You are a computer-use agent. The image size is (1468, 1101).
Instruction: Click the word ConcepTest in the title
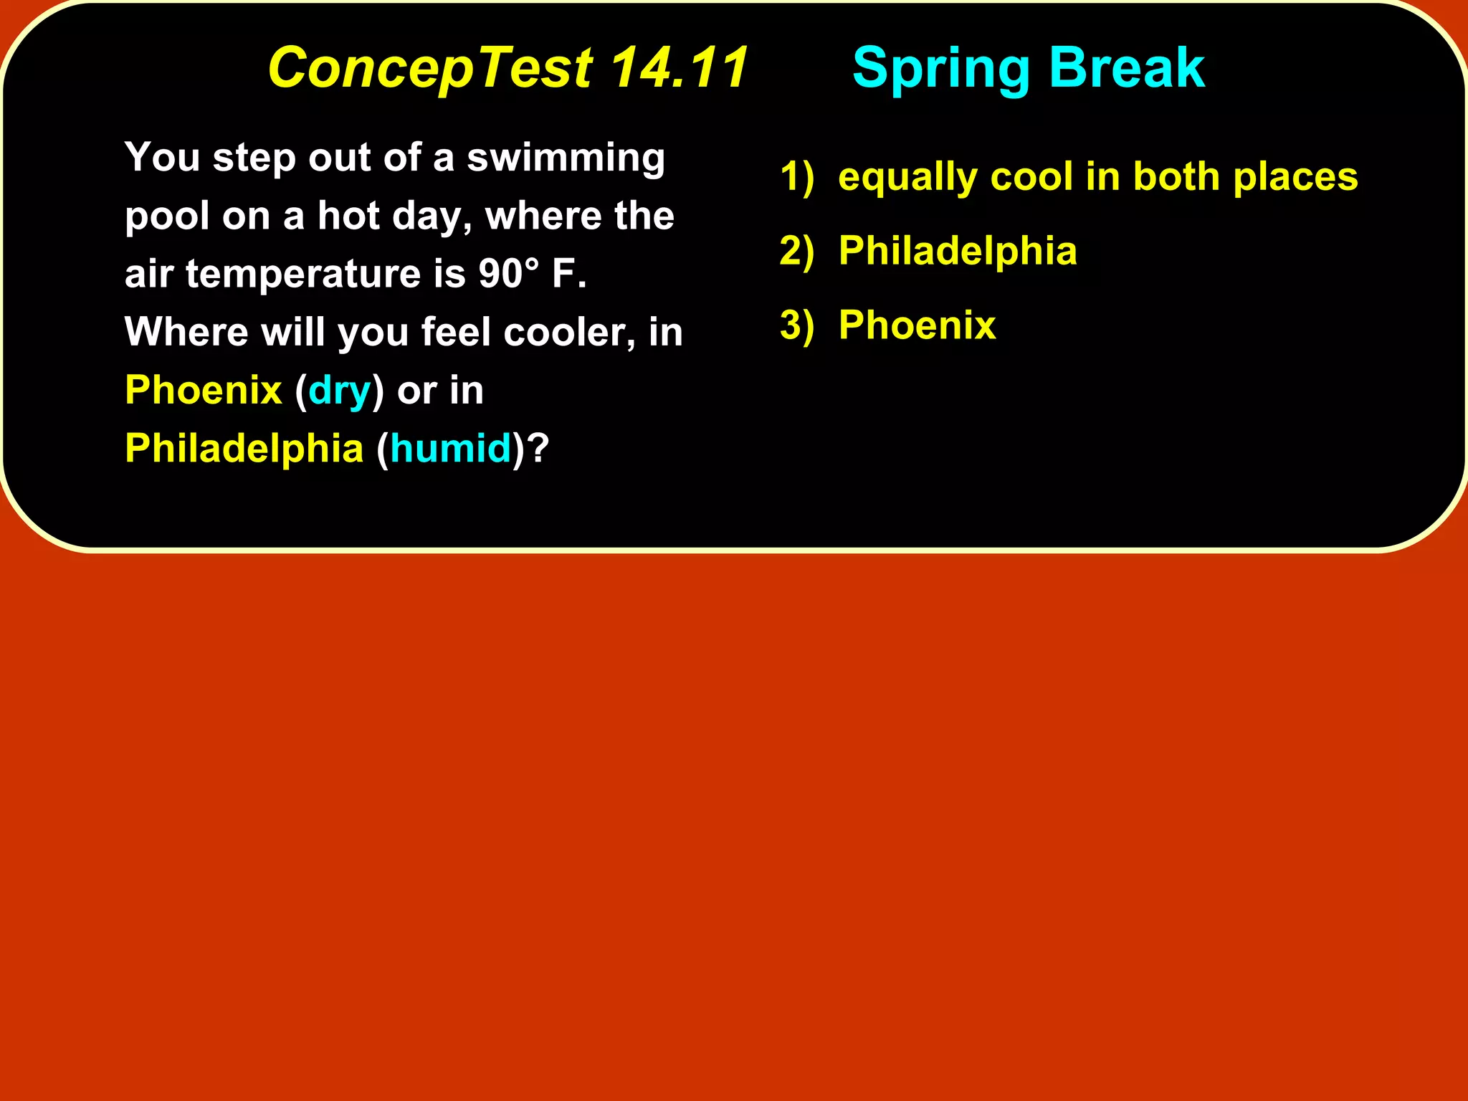point(430,69)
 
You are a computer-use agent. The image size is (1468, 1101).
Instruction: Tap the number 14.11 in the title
point(679,67)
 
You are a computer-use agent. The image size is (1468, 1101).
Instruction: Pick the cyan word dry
point(339,391)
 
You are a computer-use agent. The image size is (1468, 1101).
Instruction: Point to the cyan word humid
point(450,449)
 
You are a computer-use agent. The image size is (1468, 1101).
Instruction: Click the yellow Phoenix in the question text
point(204,391)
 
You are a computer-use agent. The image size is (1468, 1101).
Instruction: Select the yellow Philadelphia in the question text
point(244,449)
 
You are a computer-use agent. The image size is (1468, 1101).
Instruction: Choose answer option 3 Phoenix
point(917,325)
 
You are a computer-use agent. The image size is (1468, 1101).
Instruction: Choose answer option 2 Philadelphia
point(957,251)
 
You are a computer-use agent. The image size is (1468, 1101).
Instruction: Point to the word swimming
point(566,158)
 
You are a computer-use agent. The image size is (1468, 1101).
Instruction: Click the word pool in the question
point(166,217)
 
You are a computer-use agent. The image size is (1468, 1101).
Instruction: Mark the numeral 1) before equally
point(797,177)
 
